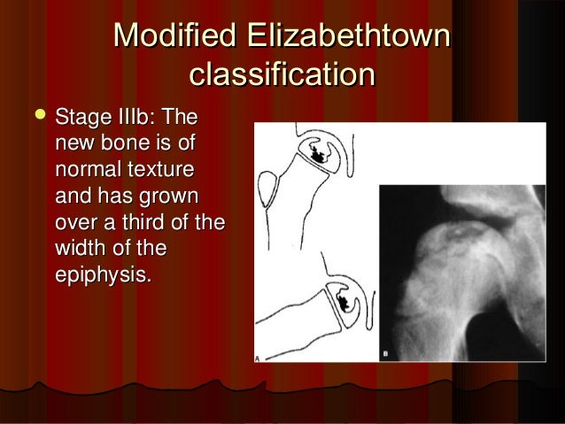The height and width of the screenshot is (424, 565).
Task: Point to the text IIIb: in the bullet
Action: [141, 119]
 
